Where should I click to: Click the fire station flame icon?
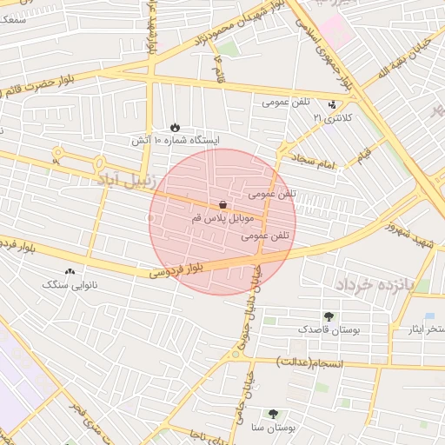[x=176, y=127]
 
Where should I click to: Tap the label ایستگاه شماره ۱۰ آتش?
[x=176, y=140]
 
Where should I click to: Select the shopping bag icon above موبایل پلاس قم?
[x=223, y=205]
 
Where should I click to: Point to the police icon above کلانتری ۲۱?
[x=331, y=103]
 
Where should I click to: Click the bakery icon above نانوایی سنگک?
[x=70, y=271]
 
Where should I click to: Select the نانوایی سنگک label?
[x=71, y=284]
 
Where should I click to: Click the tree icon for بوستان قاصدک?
[x=329, y=316]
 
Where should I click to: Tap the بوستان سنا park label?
[x=274, y=428]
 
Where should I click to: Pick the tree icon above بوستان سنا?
[x=274, y=415]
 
